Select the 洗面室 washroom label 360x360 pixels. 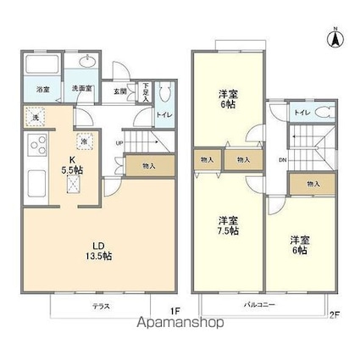click(80, 87)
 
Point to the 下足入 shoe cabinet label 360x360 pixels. click(147, 91)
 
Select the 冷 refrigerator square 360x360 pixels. click(84, 141)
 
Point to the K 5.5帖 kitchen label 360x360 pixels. click(71, 164)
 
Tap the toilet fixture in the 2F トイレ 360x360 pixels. click(325, 113)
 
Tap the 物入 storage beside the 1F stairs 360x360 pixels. click(148, 167)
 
